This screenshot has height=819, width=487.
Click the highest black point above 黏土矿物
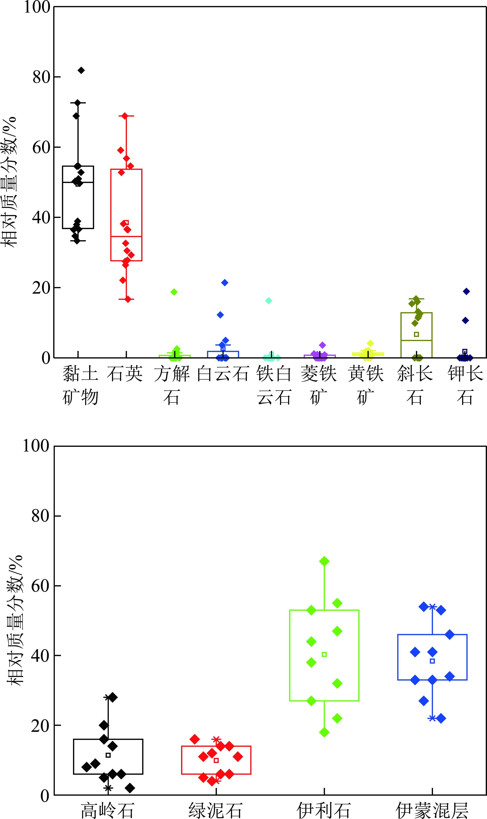[x=81, y=70]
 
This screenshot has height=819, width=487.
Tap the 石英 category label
[x=125, y=374]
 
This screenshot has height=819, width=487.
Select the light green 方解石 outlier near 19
[x=174, y=292]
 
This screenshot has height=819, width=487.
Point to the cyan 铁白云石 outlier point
[x=268, y=301]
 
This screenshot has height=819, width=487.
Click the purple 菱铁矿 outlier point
[x=322, y=345]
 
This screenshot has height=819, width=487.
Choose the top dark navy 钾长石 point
[x=466, y=291]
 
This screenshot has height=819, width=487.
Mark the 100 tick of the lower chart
[x=36, y=446]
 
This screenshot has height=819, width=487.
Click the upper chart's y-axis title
[x=9, y=182]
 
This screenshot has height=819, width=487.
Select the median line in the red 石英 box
[x=126, y=236]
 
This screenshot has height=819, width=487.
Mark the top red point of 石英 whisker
[x=125, y=116]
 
